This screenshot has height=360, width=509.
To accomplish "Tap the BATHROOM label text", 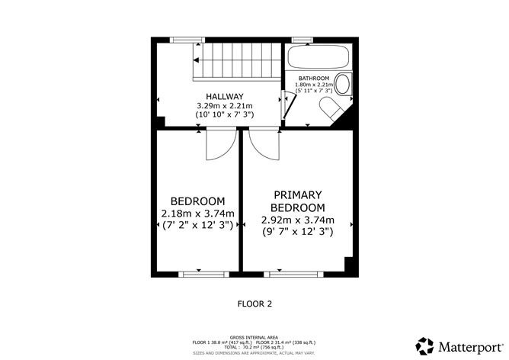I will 314,78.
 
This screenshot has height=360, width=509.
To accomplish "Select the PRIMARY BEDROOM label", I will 298,201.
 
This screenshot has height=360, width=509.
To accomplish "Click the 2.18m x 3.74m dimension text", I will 197,213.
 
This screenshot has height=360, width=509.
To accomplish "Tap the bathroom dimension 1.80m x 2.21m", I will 314,85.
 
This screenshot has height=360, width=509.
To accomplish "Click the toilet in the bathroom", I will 333,109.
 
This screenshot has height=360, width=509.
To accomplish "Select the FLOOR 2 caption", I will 254,304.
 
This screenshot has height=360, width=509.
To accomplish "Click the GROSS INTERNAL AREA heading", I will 254,336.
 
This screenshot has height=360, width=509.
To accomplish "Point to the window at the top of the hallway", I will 182,39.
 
